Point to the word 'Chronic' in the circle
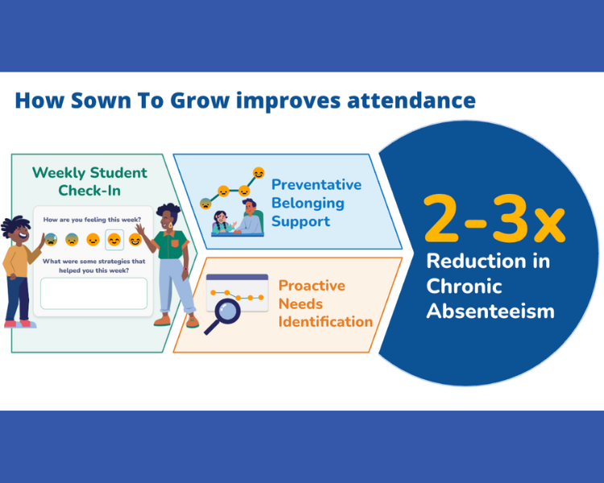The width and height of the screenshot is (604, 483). click(464, 286)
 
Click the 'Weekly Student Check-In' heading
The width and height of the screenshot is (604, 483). click(89, 181)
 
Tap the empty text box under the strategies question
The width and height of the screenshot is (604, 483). click(93, 294)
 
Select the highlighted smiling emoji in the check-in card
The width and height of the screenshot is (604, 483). click(114, 239)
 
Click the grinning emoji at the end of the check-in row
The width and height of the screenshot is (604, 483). click(135, 239)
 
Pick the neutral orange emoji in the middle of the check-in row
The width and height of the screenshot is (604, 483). click(93, 239)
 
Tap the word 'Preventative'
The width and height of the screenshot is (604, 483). click(316, 184)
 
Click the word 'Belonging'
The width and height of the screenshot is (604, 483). click(308, 203)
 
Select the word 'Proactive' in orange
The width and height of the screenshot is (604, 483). click(312, 286)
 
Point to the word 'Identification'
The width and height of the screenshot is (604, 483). click(325, 322)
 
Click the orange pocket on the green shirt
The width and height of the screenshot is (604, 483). click(175, 242)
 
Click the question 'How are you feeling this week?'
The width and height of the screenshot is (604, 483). click(93, 220)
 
